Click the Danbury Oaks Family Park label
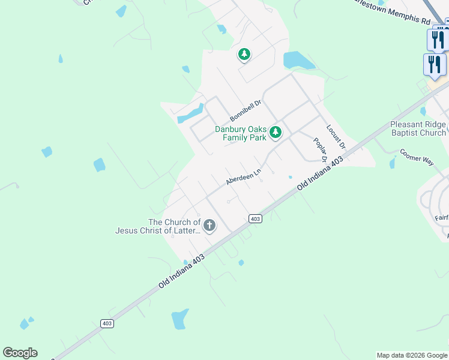pos(240,133)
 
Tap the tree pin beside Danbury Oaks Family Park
pos(276,131)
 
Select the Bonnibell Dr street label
pos(246,111)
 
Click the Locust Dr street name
pos(336,137)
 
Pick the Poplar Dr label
pos(320,150)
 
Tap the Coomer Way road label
pos(417,156)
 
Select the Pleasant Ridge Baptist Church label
pos(418,128)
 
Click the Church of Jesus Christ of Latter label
pos(157,226)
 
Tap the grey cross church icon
pos(209,226)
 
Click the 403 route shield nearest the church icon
pos(255,219)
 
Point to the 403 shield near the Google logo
pos(107,323)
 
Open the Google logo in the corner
pos(20,353)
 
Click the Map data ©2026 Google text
pos(412,355)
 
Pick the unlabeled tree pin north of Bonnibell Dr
pos(244,55)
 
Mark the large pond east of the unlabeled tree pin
pos(298,60)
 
